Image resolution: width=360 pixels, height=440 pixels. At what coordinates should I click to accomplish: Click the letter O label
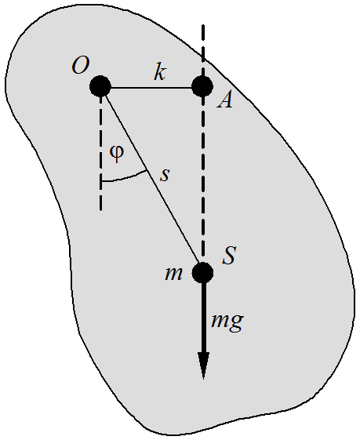pos(81,66)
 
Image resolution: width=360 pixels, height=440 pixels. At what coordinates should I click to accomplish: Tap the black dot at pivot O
pos(100,86)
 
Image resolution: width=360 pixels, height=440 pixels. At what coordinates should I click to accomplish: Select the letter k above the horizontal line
pos(160,72)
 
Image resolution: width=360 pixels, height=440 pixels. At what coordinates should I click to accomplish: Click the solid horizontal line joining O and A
pos(151,88)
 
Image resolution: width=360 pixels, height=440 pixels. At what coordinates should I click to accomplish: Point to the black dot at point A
pos(202,86)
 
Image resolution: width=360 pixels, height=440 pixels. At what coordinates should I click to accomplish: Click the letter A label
pos(225,100)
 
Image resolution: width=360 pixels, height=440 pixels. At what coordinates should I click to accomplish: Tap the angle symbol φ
pos(116,154)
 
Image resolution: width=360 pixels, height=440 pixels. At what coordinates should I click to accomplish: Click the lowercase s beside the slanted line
pos(165,175)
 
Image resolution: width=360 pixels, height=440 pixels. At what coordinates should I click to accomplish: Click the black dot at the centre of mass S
pos(202,273)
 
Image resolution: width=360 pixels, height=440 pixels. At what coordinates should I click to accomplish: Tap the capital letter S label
pos(229,255)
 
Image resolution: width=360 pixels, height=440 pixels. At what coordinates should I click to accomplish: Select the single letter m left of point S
pos(173,274)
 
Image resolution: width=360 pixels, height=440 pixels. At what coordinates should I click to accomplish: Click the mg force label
pos(227,322)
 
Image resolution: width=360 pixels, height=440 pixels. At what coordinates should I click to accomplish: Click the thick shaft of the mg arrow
pos(203,318)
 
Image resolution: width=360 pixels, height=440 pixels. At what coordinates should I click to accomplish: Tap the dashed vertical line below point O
pos(100,154)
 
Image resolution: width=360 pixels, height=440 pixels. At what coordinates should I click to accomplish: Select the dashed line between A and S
pos(203,180)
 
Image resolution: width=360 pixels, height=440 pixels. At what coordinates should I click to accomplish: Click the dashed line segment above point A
pos(203,50)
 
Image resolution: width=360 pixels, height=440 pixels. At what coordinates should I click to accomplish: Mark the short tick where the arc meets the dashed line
pos(102,182)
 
